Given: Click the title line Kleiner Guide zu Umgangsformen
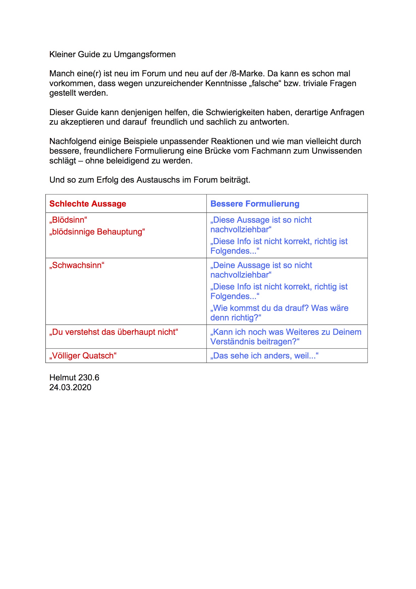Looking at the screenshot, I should [x=112, y=54].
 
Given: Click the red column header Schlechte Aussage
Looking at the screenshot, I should [x=88, y=204].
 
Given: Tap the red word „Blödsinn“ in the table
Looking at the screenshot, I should [x=68, y=220].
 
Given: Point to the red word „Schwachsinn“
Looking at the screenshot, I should [x=77, y=265].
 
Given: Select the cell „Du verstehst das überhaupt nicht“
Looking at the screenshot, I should [x=114, y=332].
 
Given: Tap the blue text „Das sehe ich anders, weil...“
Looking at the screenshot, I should [x=264, y=356].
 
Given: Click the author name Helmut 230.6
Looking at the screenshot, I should [x=74, y=377].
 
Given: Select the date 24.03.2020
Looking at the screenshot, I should [x=70, y=387].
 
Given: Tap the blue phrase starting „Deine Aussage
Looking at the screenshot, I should [x=261, y=265].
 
